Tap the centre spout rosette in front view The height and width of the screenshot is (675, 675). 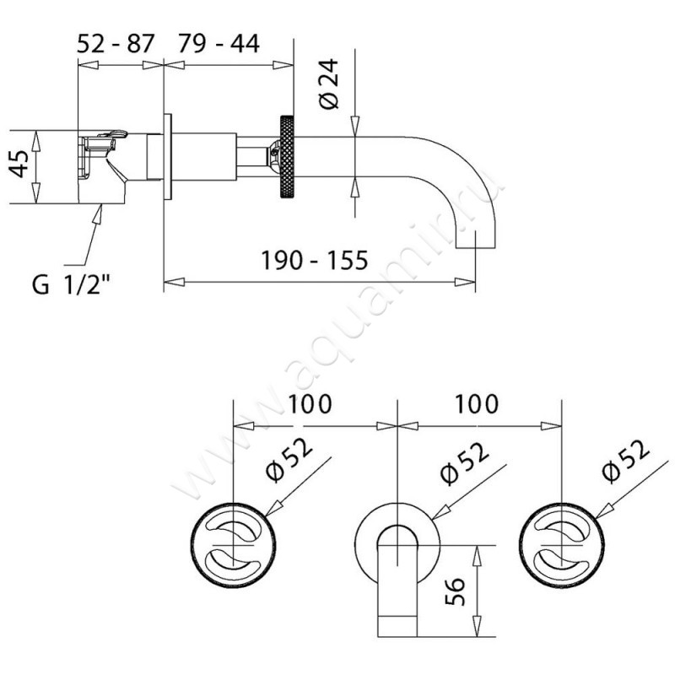click(x=397, y=540)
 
